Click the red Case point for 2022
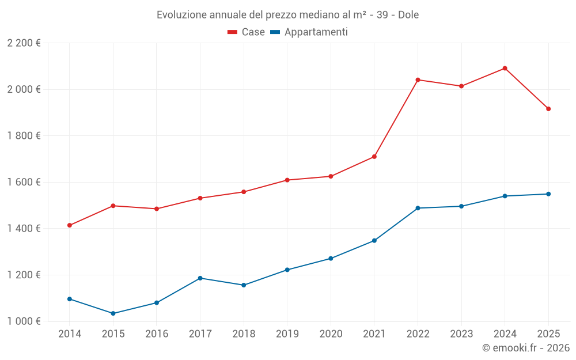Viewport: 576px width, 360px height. coord(418,79)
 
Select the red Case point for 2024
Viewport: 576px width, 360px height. coord(505,68)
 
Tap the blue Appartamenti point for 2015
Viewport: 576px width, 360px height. coord(113,313)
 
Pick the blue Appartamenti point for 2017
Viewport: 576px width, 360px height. coord(200,278)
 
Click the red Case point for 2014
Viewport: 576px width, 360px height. coord(70,225)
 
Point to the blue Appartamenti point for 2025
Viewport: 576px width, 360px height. coord(548,194)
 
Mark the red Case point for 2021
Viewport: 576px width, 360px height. coord(374,157)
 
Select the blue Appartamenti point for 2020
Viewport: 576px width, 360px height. coord(331,259)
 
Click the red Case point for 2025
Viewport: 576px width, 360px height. coord(548,109)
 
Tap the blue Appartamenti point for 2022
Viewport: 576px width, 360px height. coord(418,208)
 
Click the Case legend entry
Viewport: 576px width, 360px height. coord(246,32)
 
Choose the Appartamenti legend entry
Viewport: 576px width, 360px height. coord(309,32)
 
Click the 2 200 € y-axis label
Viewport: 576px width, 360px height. coord(24,43)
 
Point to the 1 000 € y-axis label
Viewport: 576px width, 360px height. coord(24,321)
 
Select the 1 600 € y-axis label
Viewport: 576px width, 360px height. coord(24,182)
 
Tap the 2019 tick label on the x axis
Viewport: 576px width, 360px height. coord(287,334)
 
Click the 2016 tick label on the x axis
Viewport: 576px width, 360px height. coord(157,334)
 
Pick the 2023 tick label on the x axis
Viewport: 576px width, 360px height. coord(461,334)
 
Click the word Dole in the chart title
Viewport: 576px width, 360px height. coord(408,14)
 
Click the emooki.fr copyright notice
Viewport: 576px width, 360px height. coord(525,348)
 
